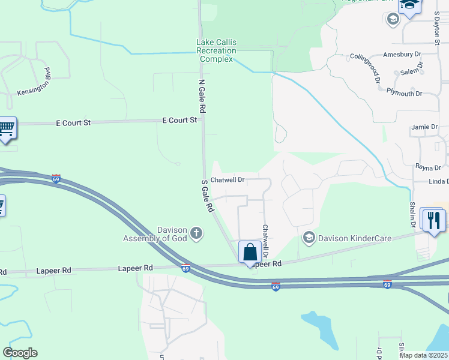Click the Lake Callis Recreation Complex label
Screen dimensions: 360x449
point(217,50)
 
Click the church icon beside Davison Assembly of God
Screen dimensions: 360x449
point(196,233)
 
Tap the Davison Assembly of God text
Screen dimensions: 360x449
point(156,234)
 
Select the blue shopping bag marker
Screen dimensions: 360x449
point(250,251)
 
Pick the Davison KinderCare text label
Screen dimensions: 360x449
point(354,238)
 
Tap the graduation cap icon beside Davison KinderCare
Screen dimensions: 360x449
point(309,238)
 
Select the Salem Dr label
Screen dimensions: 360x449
point(412,71)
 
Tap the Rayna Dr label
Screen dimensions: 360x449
point(429,167)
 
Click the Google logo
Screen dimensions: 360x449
point(20,353)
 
